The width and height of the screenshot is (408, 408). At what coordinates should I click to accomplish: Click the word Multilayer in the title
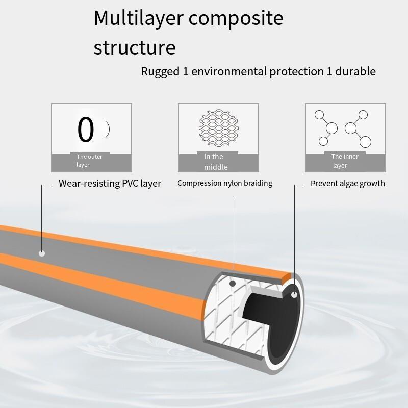click(137, 18)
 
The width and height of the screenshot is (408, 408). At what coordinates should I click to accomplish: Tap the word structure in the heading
click(135, 47)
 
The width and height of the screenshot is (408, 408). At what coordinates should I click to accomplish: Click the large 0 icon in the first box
click(86, 130)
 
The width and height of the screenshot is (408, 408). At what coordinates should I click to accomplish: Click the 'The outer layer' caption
click(89, 161)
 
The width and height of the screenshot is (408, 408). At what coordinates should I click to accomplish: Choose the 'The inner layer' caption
click(345, 161)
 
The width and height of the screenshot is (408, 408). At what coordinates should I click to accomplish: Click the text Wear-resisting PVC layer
click(110, 183)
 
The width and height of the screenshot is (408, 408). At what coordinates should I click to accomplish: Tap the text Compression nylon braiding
click(224, 183)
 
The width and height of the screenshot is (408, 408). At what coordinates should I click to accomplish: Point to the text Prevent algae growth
click(347, 183)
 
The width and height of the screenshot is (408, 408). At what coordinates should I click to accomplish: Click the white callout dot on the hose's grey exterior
click(42, 253)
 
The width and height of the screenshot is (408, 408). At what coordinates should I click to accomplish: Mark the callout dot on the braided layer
click(233, 283)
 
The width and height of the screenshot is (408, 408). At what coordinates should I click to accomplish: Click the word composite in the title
click(236, 18)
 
